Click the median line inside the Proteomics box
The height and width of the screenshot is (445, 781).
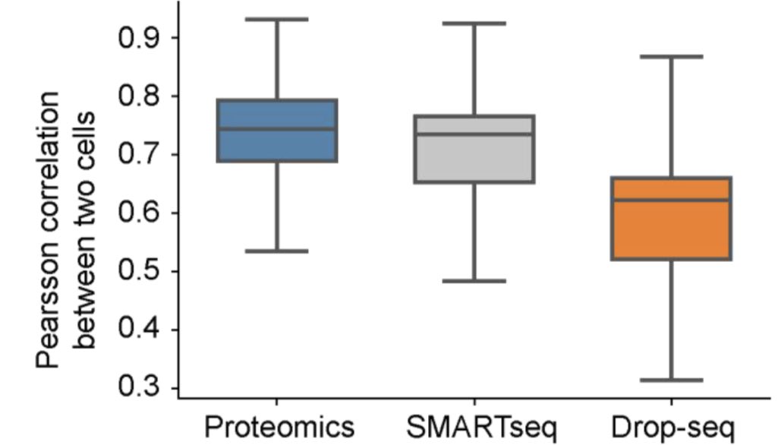[276, 128]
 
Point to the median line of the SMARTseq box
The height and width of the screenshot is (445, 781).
[474, 134]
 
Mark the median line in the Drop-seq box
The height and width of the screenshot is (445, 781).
[671, 200]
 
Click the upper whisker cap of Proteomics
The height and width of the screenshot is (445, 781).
[276, 19]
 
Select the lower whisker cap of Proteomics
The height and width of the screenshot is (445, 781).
[276, 251]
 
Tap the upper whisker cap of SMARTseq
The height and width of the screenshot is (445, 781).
[474, 24]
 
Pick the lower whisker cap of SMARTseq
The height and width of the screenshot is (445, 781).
[474, 281]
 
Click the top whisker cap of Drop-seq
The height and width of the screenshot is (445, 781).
[671, 56]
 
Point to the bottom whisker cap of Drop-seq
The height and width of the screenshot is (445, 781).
[671, 380]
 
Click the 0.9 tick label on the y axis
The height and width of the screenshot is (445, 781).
[137, 38]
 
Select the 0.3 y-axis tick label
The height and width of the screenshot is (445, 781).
[137, 389]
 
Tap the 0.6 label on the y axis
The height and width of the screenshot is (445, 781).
[137, 213]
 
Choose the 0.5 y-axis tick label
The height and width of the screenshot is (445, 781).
[137, 272]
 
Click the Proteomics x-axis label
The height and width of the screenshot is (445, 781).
[278, 427]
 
